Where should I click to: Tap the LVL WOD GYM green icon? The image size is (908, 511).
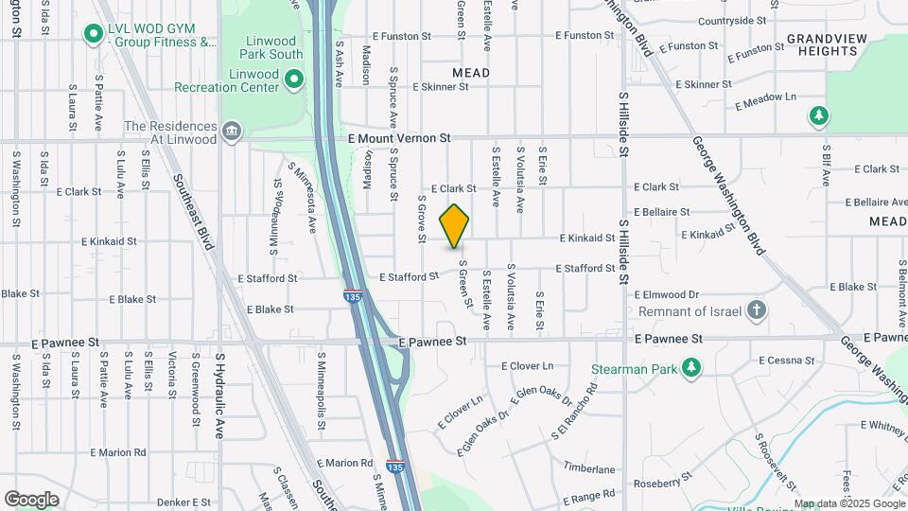click(x=93, y=35)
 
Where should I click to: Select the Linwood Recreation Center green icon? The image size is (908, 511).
click(x=294, y=79)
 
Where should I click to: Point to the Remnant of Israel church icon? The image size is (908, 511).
click(x=756, y=309)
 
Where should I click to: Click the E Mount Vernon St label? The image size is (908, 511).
click(x=398, y=138)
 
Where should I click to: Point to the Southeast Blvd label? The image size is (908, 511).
click(x=192, y=211)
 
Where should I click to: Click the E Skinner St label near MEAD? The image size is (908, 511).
click(x=441, y=86)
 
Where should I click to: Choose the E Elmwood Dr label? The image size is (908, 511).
click(x=666, y=294)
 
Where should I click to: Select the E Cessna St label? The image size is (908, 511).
click(x=786, y=360)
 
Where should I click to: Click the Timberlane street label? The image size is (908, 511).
click(x=589, y=468)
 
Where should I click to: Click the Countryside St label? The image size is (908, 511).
click(x=732, y=20)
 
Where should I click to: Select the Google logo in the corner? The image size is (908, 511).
click(x=31, y=499)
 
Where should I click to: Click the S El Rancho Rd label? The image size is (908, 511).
click(x=574, y=413)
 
